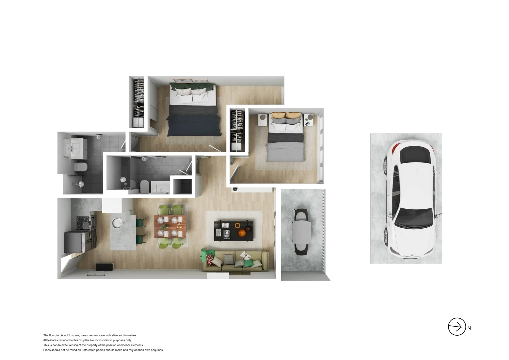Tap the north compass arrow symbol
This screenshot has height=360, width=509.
pyautogui.click(x=457, y=327)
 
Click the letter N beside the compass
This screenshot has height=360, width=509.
pyautogui.click(x=469, y=328)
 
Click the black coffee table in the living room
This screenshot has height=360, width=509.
pyautogui.click(x=234, y=230)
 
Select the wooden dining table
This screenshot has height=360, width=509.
pyautogui.click(x=170, y=226)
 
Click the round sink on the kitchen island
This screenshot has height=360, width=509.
pyautogui.click(x=117, y=223)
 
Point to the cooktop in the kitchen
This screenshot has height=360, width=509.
pyautogui.click(x=83, y=223)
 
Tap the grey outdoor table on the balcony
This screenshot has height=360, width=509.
pyautogui.click(x=301, y=232)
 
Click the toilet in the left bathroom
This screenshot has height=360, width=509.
pyautogui.click(x=81, y=167)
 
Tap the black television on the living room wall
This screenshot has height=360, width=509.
pyautogui.click(x=105, y=267)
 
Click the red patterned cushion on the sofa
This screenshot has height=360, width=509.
pyautogui.click(x=210, y=259)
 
